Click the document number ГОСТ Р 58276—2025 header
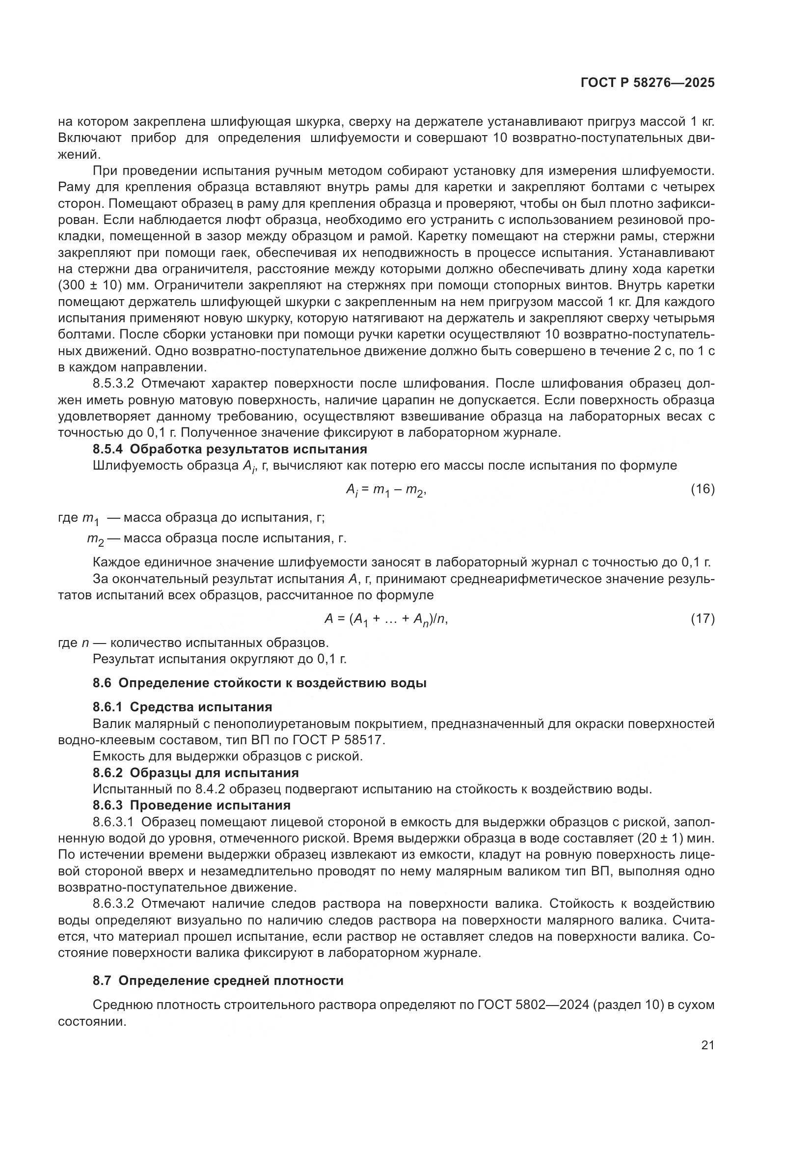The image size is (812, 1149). [x=648, y=83]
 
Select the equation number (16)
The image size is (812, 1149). [x=703, y=489]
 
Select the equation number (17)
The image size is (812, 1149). [x=703, y=619]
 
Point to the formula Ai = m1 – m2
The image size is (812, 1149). [x=385, y=490]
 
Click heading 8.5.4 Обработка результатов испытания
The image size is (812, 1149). [x=230, y=449]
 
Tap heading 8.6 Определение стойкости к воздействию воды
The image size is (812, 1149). [x=260, y=683]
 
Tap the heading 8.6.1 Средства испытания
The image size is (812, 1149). [x=183, y=707]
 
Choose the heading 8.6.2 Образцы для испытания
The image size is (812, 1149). [x=195, y=773]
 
